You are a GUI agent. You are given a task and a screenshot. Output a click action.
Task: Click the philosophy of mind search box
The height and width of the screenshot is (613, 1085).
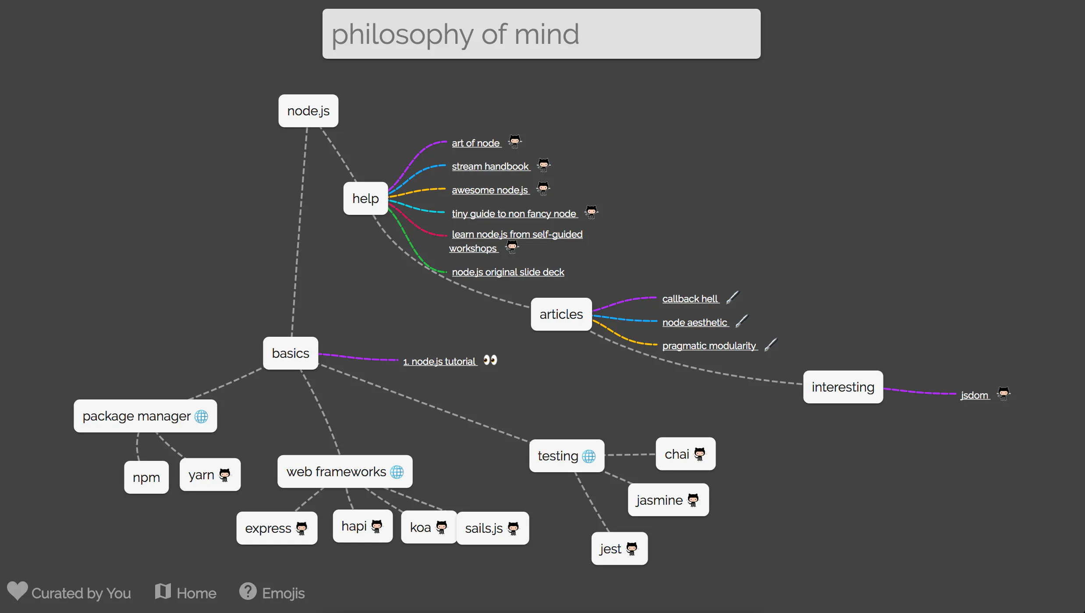click(x=541, y=34)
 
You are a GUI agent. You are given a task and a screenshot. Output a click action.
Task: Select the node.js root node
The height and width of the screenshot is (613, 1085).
click(x=308, y=111)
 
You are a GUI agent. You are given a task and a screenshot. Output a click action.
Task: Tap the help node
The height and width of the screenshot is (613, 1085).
click(x=365, y=199)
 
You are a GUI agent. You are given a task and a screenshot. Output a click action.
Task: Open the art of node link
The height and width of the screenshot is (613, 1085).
click(x=476, y=143)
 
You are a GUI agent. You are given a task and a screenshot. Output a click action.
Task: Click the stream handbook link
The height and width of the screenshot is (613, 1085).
click(x=490, y=167)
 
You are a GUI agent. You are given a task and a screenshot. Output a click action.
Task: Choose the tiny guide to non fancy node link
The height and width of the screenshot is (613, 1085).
click(x=514, y=214)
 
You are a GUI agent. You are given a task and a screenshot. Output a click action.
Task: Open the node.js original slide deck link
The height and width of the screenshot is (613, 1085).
click(x=508, y=272)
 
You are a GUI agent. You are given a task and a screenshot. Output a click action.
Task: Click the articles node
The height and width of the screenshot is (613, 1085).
click(x=561, y=314)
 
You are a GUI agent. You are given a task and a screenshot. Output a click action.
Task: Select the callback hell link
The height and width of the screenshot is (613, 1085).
click(x=690, y=299)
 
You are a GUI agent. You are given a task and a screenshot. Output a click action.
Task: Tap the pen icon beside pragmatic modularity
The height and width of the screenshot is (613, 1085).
click(x=771, y=345)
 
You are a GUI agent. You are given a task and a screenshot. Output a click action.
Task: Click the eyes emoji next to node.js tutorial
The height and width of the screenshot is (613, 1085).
click(x=490, y=360)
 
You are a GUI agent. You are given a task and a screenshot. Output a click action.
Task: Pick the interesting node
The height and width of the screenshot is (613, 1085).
click(x=843, y=387)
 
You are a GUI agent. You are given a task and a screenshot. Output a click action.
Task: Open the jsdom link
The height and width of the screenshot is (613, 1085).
click(x=975, y=396)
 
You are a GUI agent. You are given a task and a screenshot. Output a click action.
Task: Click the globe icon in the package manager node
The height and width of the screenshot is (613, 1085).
click(x=201, y=417)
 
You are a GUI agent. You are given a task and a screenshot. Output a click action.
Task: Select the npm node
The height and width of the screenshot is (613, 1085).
click(x=146, y=478)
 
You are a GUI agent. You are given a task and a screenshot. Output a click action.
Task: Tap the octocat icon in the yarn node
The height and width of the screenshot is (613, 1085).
click(x=225, y=475)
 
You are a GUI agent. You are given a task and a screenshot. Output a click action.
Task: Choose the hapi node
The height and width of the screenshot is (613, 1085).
click(x=363, y=526)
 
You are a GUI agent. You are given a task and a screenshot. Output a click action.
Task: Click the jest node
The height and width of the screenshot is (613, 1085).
click(x=620, y=549)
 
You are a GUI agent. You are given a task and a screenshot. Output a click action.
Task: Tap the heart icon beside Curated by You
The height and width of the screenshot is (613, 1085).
click(x=18, y=591)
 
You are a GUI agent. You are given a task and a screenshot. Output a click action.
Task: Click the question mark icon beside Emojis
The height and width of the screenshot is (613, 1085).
click(x=248, y=591)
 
